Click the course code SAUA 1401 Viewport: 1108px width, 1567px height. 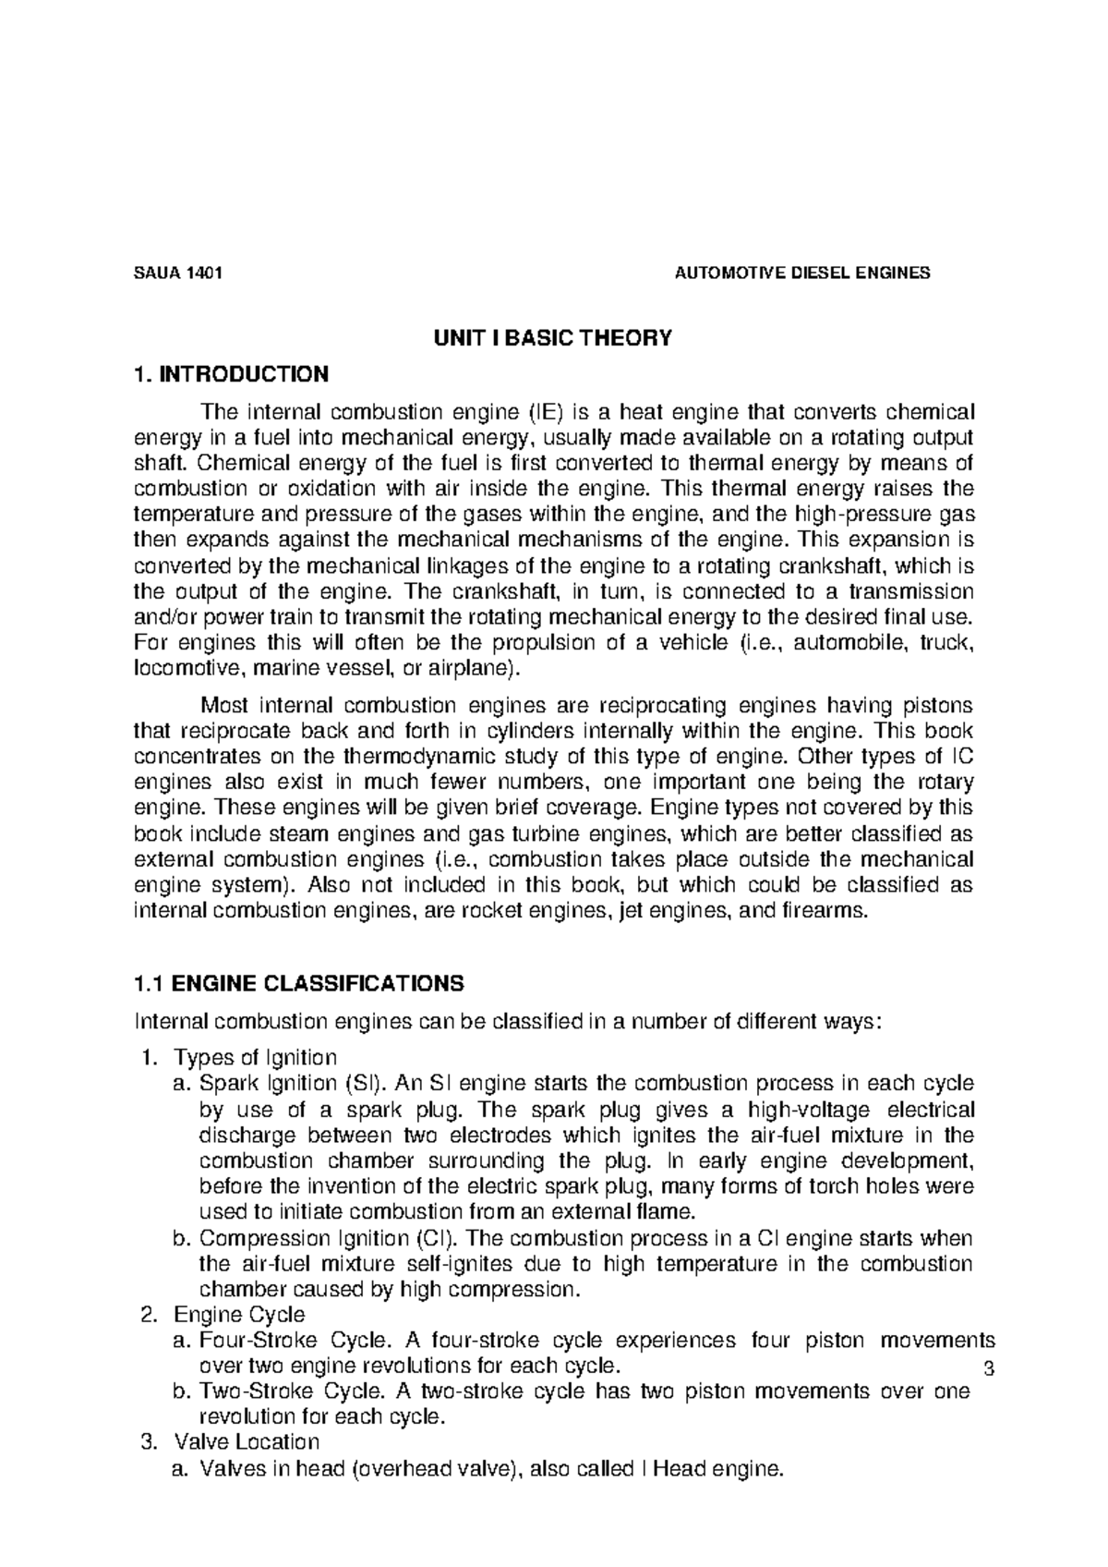coord(178,273)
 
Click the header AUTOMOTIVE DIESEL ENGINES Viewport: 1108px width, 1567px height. coord(802,273)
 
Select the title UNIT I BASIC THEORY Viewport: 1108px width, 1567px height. coord(553,338)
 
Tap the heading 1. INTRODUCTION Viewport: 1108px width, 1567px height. coord(230,374)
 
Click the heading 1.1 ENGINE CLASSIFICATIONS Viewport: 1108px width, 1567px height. coord(298,984)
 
